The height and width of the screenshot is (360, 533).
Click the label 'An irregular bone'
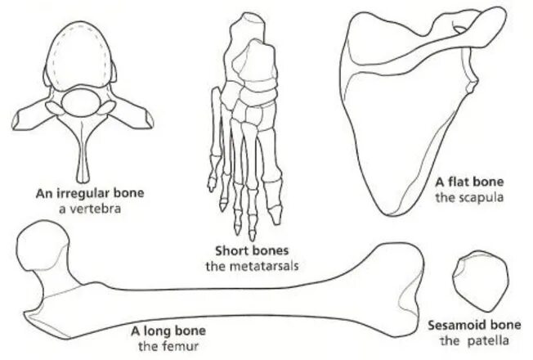pos(91,193)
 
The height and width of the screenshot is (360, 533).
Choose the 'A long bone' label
pos(168,331)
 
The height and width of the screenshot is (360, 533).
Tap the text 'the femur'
pos(168,344)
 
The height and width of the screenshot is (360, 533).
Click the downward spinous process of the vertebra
pos(83,155)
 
